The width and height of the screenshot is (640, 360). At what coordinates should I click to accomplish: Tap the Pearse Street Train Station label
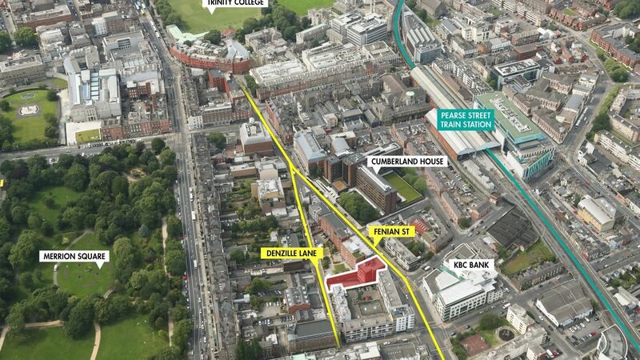(465, 120)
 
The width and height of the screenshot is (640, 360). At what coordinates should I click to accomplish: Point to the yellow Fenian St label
(393, 231)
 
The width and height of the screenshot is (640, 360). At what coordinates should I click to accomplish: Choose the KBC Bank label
(470, 263)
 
